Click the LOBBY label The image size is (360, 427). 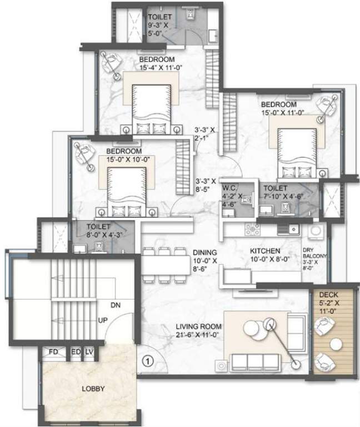[x=92, y=389]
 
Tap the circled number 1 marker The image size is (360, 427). [x=147, y=360]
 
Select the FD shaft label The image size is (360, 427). [x=54, y=352]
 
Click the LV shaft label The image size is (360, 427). [x=89, y=352]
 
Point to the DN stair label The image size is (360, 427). [x=114, y=305]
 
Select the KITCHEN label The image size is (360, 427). [x=264, y=252]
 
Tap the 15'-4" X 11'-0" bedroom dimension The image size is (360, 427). [x=157, y=67]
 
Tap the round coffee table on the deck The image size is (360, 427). [x=335, y=345]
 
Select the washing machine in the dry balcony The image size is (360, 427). [x=317, y=228]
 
